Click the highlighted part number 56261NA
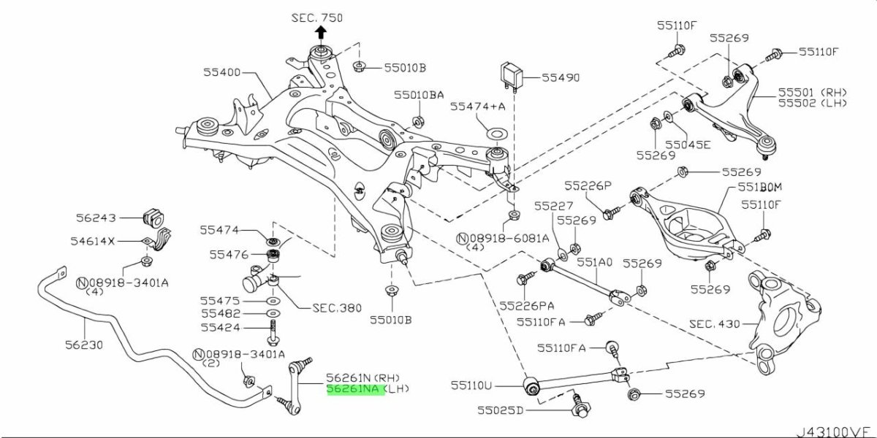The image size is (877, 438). [x=352, y=389]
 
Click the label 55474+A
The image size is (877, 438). [x=478, y=107]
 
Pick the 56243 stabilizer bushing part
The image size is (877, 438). [x=154, y=217]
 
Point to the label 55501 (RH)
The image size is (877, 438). [x=810, y=92]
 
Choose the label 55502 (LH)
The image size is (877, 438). [x=810, y=103]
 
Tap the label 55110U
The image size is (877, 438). [x=471, y=383]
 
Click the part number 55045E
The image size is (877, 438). [x=688, y=144]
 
